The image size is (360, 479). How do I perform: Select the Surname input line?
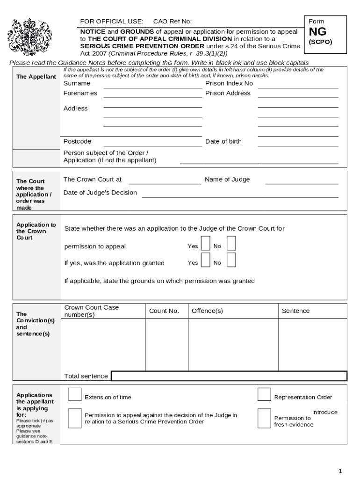pos(152,87)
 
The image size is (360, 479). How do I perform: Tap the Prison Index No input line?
pos(298,87)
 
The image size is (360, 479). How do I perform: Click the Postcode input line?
pos(152,145)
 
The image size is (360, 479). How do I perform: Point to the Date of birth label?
pos(223,141)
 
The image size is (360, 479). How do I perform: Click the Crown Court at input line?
pos(165,183)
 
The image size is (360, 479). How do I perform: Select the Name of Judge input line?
pos(302,183)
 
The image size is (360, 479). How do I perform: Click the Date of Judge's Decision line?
pos(240,196)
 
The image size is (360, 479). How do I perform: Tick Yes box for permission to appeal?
pos(205,244)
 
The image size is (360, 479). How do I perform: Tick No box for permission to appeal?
pos(231,244)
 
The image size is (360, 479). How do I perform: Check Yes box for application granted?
pos(205,260)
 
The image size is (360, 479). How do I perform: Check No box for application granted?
pos(231,260)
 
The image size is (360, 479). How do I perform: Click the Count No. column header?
pos(164,311)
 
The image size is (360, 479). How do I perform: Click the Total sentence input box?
pos(229,376)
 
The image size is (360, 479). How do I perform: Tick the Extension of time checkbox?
pos(75,395)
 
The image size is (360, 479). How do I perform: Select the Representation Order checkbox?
pos(264,395)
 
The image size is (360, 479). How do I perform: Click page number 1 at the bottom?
pos(341,471)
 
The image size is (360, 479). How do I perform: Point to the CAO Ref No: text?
pos(173,22)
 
